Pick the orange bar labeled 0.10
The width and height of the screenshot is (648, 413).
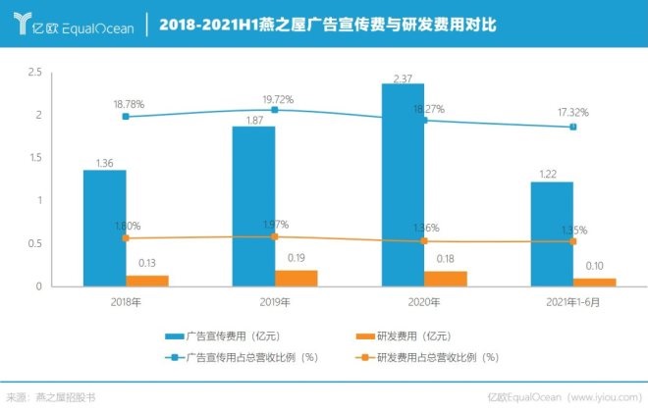pos(595,282)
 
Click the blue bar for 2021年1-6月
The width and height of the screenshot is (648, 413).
pos(552,233)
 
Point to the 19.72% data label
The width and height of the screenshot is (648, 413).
pos(278,99)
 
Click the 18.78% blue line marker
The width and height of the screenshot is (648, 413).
pos(126,117)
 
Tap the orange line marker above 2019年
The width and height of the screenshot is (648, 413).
pos(275,236)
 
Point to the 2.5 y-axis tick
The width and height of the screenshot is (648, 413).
pos(34,73)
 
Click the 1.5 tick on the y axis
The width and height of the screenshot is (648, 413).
pos(34,158)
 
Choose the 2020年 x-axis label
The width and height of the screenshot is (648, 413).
pos(424,301)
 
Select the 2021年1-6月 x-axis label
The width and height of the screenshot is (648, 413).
pos(573,301)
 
